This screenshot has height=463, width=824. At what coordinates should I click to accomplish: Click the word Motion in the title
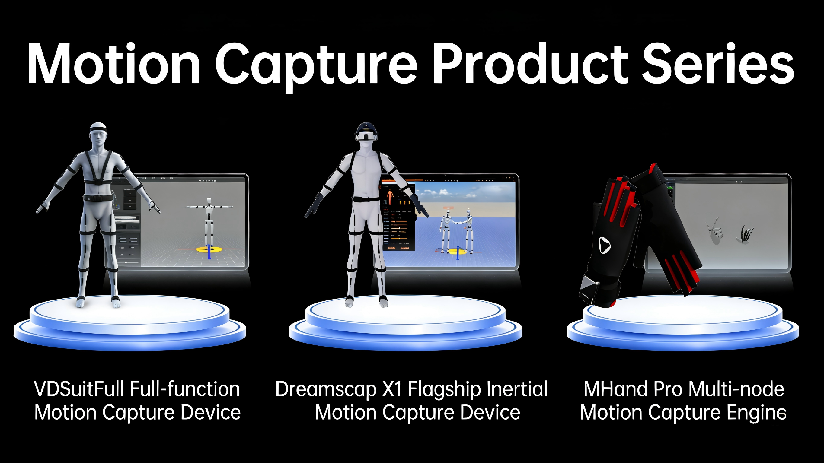113,64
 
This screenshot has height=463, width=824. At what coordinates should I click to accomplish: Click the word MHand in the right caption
616,389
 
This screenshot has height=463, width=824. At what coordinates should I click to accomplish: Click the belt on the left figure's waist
98,198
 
